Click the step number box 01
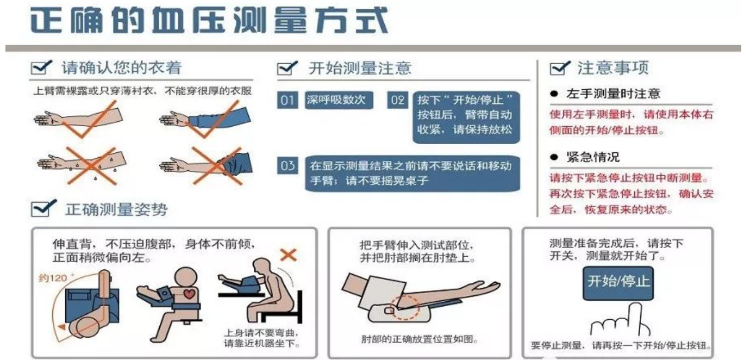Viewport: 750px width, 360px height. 287,100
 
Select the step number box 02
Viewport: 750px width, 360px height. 397,100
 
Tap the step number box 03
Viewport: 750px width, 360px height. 287,165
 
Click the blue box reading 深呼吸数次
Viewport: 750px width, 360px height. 339,100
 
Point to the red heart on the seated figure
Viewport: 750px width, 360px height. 189,293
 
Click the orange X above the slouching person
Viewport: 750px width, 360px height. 288,255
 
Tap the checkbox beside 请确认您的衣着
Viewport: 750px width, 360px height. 41,67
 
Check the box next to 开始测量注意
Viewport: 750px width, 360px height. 287,68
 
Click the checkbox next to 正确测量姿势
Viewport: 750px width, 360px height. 43,208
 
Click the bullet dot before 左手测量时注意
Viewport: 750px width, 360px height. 554,94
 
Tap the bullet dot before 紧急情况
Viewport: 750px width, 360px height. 554,157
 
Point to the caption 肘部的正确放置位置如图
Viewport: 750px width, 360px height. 419,339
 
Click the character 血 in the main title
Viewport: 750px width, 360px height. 168,20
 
